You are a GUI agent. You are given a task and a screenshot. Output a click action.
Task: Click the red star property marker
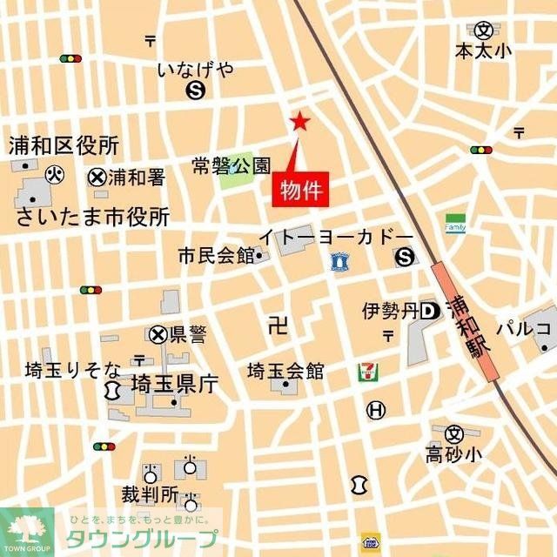(x=299, y=122)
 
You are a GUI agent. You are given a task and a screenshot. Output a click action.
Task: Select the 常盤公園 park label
(x=232, y=164)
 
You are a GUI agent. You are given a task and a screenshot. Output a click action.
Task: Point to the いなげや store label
(x=196, y=70)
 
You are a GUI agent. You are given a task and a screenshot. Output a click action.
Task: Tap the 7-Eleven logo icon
(x=366, y=372)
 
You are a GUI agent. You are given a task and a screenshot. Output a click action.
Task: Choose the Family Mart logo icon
(x=455, y=224)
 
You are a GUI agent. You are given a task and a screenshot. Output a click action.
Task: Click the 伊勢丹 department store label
(x=391, y=311)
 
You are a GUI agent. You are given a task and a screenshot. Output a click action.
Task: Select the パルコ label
(x=525, y=328)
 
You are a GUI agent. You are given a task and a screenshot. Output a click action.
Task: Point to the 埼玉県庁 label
(x=174, y=384)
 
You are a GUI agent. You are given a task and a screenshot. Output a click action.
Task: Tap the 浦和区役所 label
(x=64, y=145)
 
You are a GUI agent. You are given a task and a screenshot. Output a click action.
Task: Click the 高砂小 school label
(x=453, y=453)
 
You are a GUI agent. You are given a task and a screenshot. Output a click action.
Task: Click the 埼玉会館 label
(x=285, y=372)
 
